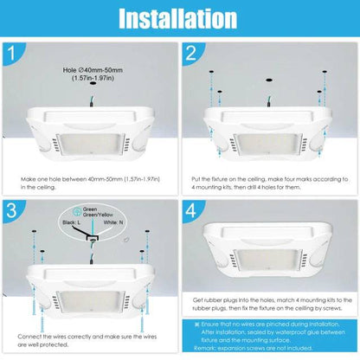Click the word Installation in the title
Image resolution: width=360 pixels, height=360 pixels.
pyautogui.click(x=179, y=18)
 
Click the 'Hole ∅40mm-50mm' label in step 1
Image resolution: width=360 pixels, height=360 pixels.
pyautogui.click(x=89, y=68)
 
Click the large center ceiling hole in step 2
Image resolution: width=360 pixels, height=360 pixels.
pyautogui.click(x=269, y=80)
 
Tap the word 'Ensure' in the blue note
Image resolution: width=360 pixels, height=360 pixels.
pyautogui.click(x=216, y=322)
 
